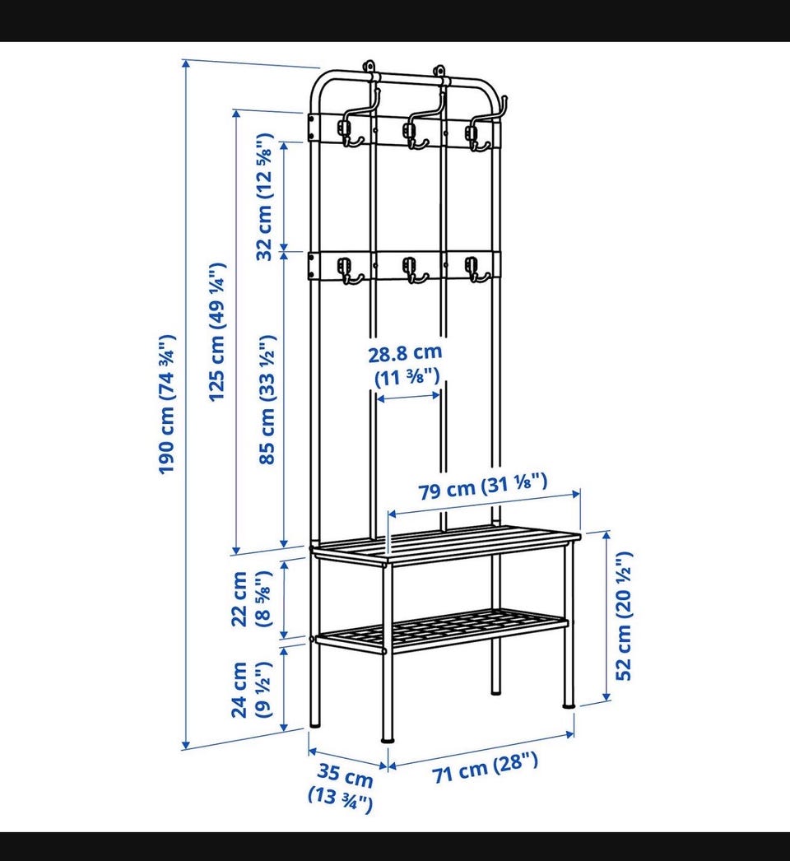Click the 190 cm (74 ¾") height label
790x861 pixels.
pos(167,404)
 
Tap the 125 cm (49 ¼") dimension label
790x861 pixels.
pos(217,332)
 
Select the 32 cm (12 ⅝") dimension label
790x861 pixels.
pos(265,197)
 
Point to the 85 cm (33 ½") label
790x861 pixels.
pos(267,399)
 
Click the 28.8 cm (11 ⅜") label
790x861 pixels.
pos(405,365)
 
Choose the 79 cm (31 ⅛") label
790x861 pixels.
pos(483,486)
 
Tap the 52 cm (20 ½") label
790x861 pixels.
pos(624,616)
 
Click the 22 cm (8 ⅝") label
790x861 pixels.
pos(251,598)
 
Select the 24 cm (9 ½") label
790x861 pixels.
pos(251,689)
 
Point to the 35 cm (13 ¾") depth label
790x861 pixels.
pos(342,788)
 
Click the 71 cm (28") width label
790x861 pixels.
pos(486,768)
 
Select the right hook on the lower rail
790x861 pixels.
pos(476,270)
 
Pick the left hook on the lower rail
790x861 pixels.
pos(349,272)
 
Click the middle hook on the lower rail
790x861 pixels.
pos(413,271)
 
